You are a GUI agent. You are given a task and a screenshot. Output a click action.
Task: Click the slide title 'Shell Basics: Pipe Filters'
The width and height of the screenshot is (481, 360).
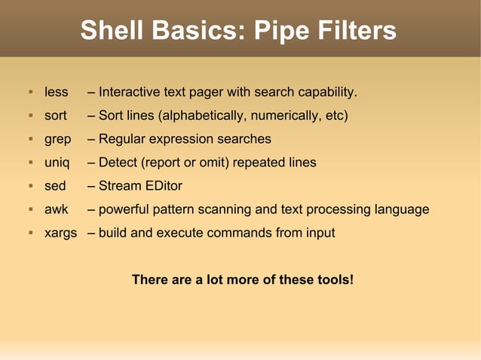click(x=238, y=31)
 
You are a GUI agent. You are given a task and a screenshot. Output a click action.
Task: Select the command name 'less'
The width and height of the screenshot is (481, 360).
click(x=56, y=93)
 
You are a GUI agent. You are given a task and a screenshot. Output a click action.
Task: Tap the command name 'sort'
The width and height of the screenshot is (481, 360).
click(x=55, y=116)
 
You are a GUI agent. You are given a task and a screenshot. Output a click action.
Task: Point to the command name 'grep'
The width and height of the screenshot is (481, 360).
click(x=57, y=139)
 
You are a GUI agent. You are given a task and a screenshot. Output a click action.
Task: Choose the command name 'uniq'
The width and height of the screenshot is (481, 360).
click(x=57, y=163)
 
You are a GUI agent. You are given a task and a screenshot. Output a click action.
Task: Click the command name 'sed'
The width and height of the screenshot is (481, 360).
click(x=55, y=186)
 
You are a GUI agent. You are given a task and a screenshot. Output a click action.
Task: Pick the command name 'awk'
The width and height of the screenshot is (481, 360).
click(x=57, y=209)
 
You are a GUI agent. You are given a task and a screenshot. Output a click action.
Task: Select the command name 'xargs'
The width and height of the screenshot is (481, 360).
click(x=60, y=233)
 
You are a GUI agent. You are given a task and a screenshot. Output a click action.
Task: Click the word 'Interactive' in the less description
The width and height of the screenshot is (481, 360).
click(x=129, y=93)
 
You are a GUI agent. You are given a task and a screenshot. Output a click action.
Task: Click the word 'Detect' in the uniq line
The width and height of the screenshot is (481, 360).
click(x=118, y=163)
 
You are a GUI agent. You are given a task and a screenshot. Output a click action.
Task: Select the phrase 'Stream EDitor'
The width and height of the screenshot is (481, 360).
click(x=140, y=186)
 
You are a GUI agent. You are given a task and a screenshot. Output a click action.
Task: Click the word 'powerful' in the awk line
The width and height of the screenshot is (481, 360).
click(x=124, y=209)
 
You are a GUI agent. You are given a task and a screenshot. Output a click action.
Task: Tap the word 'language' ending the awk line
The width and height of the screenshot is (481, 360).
click(x=402, y=209)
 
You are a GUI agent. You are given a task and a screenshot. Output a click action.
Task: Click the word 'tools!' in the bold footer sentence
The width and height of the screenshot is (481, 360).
click(x=333, y=279)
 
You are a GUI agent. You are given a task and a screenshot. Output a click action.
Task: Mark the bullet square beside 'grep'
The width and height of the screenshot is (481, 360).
click(x=30, y=139)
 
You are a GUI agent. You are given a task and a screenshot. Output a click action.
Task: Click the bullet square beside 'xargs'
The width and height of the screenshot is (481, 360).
click(x=30, y=233)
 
